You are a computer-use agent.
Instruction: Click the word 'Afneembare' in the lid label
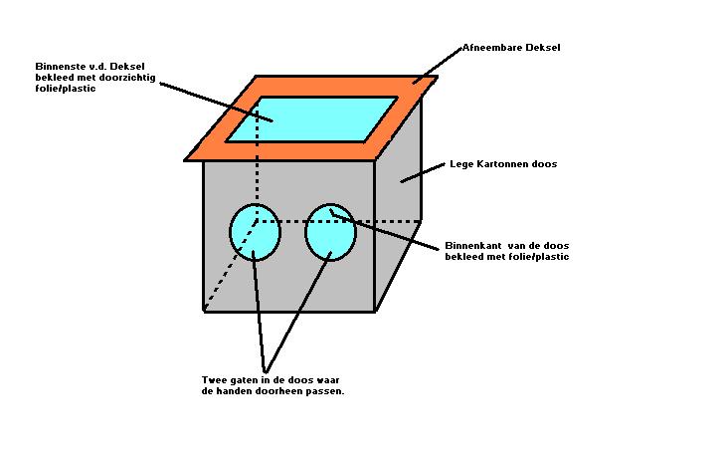coord(488,47)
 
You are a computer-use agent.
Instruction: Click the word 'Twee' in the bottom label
coord(214,380)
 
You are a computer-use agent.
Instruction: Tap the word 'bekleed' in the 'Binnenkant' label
coord(463,256)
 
